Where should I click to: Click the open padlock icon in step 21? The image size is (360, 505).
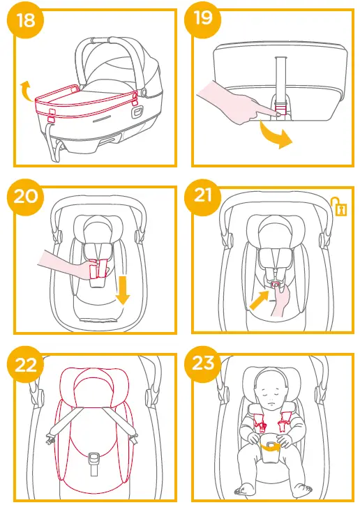pos(340,207)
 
